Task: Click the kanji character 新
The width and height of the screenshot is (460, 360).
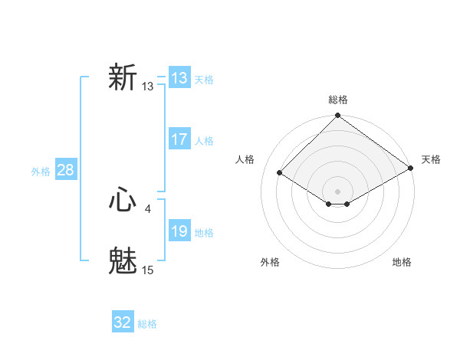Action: click(123, 78)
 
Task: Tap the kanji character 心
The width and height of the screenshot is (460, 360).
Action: click(123, 201)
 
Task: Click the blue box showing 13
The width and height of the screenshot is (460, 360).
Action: click(179, 78)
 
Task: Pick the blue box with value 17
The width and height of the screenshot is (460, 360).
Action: click(179, 139)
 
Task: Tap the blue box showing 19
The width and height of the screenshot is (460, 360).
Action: click(179, 231)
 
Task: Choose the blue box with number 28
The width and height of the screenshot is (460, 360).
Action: click(65, 170)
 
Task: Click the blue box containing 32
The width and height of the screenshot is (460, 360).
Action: click(123, 322)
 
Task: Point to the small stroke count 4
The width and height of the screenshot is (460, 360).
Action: click(148, 208)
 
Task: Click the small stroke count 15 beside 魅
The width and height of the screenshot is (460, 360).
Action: click(148, 270)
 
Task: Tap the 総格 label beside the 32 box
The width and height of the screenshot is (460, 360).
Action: click(147, 324)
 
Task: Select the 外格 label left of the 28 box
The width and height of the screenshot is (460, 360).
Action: click(41, 172)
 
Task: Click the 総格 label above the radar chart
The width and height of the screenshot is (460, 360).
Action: click(337, 100)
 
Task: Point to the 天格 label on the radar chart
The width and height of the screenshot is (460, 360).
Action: click(431, 159)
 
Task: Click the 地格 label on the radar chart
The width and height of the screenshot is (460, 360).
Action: click(402, 262)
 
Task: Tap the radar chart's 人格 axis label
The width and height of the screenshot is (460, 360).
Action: click(245, 159)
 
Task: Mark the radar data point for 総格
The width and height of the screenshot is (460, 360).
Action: click(337, 116)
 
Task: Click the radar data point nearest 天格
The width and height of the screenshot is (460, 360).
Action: click(411, 169)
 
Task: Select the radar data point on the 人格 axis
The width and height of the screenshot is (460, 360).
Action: click(280, 173)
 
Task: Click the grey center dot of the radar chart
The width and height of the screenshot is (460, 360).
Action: click(337, 191)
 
